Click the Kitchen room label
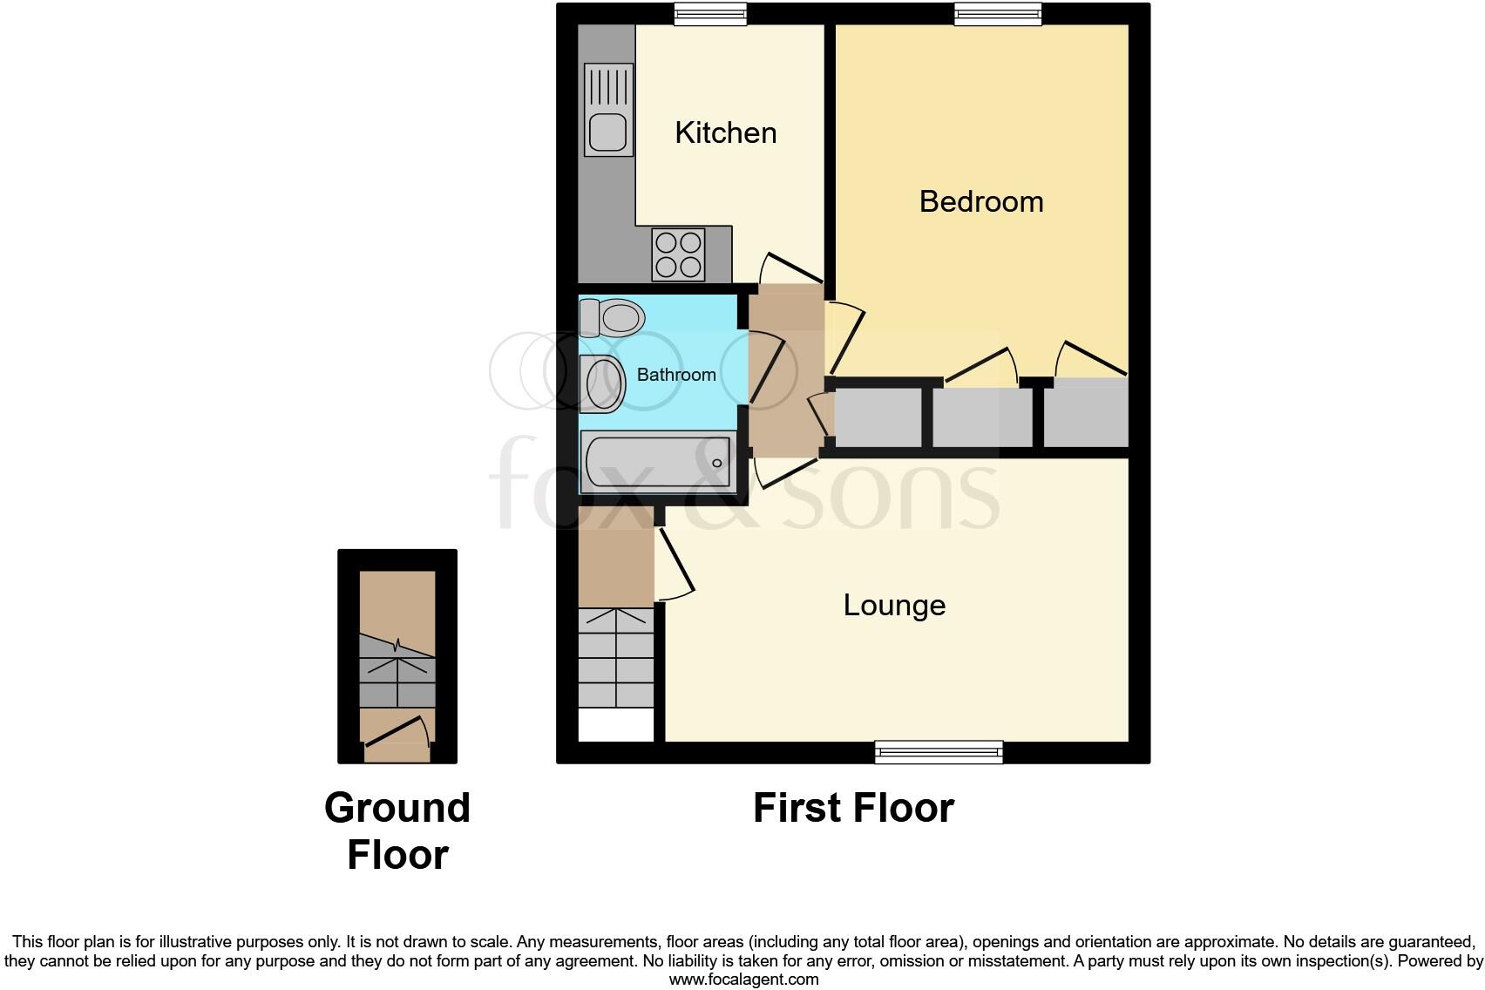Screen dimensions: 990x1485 [725, 132]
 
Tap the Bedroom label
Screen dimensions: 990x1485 [981, 201]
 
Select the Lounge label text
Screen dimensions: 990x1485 [894, 605]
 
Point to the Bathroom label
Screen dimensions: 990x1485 [676, 375]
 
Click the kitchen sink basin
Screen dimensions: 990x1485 [607, 133]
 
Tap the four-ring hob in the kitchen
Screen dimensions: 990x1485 [678, 254]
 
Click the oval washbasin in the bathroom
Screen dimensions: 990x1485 [603, 383]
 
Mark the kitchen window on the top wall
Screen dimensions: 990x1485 [710, 14]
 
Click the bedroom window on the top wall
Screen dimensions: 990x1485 [998, 14]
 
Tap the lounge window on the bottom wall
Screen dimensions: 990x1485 [939, 752]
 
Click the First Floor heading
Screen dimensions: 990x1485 [853, 808]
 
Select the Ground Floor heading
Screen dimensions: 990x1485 [397, 831]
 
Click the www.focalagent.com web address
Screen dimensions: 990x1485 [743, 980]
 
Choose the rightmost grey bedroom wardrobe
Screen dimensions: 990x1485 [1086, 416]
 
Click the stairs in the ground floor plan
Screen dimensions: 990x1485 [397, 681]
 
